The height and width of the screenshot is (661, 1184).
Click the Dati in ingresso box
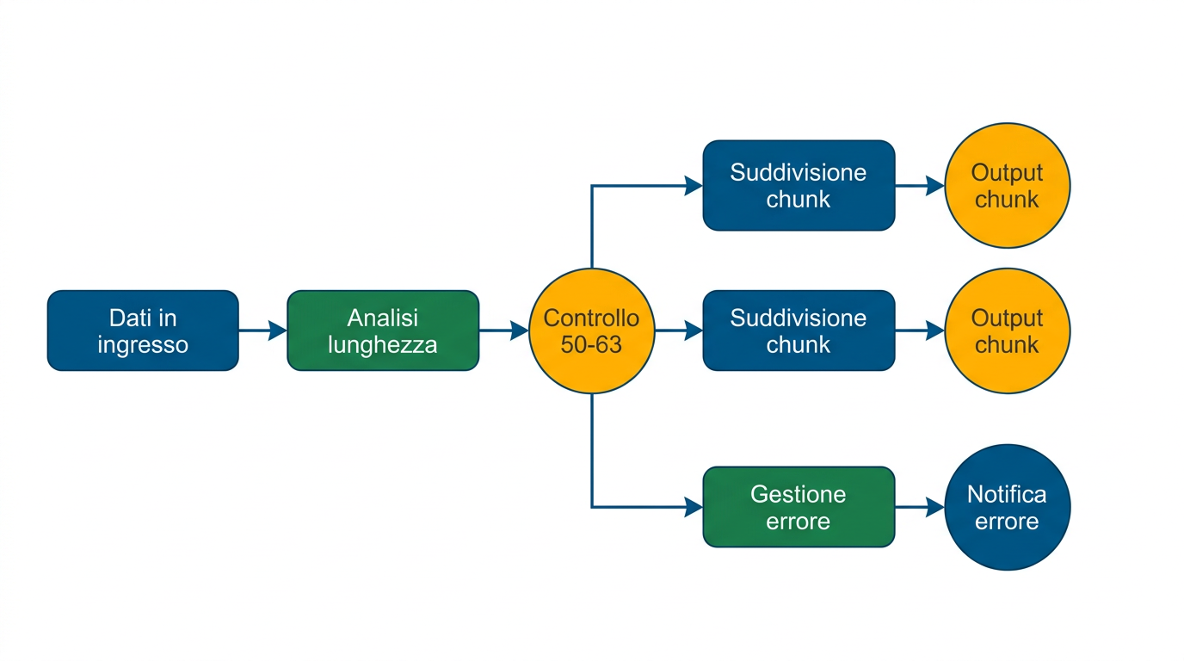point(143,330)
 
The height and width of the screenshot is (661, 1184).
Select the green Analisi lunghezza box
point(382,330)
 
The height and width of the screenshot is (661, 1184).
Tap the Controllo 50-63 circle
point(591,330)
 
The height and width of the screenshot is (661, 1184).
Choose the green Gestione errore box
point(799,507)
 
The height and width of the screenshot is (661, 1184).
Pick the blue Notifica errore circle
point(1007,507)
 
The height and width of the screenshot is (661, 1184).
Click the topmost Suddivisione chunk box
point(799,185)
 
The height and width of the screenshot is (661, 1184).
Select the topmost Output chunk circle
point(1007,185)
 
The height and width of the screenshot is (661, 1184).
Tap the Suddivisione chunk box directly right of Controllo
point(799,330)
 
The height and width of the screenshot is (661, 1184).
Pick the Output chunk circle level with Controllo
point(1007,330)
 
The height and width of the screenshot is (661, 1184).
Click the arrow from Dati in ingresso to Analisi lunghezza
point(262,330)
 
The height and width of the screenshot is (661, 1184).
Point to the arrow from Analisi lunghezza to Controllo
point(503,330)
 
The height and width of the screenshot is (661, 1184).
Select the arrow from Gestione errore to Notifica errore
point(919,507)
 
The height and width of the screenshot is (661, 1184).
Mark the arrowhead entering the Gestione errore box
point(694,507)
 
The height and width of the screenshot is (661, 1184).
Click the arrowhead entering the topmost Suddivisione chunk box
point(694,185)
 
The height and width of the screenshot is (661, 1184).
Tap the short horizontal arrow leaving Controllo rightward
point(678,330)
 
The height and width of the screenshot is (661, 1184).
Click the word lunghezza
point(382,345)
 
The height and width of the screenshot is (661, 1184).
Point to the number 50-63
point(591,345)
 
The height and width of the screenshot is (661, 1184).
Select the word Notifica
point(1007,494)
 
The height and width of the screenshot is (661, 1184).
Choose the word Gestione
point(799,494)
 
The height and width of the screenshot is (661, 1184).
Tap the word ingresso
point(143,345)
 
